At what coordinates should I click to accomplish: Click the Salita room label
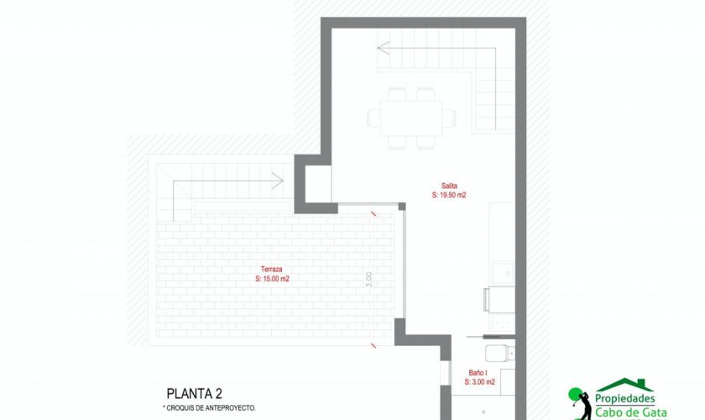tap(449, 186)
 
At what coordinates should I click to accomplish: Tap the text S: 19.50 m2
tap(449, 195)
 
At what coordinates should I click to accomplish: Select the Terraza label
tap(272, 269)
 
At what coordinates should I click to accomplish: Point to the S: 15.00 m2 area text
tap(272, 279)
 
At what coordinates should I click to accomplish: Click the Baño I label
tap(478, 373)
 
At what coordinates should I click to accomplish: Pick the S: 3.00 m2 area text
tap(480, 381)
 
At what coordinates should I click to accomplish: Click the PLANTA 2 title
tap(194, 394)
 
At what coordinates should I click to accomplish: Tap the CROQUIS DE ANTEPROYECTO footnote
tap(209, 408)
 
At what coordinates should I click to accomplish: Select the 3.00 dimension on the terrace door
tap(369, 280)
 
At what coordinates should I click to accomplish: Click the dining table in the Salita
tap(411, 118)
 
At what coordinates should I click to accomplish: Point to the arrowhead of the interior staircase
tap(384, 48)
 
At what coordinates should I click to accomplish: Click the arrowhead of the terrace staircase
tap(278, 181)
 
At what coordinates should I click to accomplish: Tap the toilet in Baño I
tap(499, 354)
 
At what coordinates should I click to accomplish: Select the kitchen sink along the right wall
tap(503, 273)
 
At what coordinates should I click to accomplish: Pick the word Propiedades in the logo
tap(625, 398)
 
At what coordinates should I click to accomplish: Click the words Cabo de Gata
tap(631, 412)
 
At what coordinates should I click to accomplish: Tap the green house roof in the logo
tap(625, 385)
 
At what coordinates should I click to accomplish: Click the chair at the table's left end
tap(373, 118)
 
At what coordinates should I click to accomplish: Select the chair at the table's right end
tap(449, 118)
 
